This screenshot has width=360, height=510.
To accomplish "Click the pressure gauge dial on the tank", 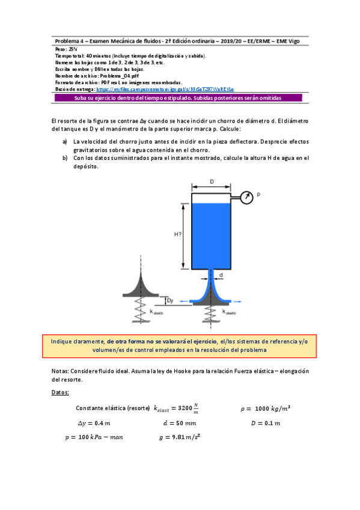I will pos(246,195).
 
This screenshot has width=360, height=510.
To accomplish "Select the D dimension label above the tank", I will pos(212,181).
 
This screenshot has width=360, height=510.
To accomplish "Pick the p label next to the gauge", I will pos(258,194).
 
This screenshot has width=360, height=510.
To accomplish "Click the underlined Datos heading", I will pos(61,393).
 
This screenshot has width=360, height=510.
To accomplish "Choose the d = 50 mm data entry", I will pos(179,423).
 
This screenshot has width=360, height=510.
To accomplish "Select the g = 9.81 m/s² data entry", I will pos(179,437).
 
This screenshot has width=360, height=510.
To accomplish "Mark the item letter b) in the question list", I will pos(65,158).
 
